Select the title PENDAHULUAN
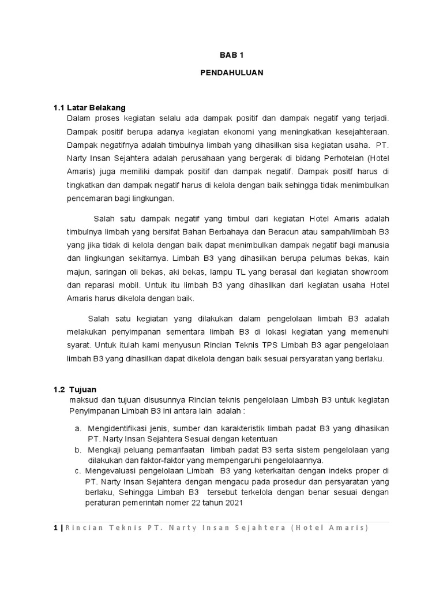(232, 73)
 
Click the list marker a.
(77, 428)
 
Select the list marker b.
(77, 450)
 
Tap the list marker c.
(77, 471)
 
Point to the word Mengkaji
(107, 450)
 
